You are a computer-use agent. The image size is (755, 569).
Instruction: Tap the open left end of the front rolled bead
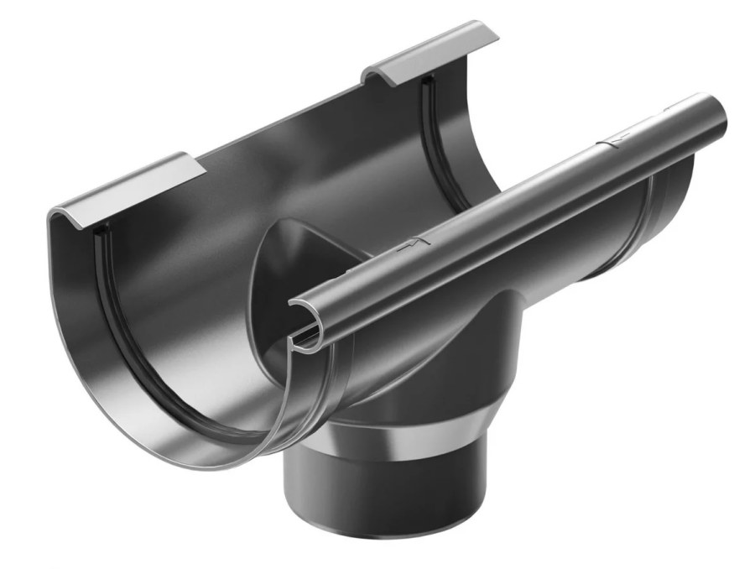coord(303,319)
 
